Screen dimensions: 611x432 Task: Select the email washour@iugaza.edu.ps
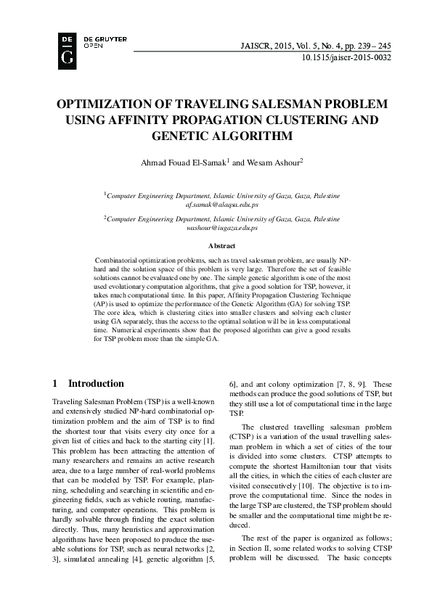tap(221, 228)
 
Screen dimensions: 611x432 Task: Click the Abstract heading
tap(221, 247)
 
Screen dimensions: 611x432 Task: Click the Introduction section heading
tap(96, 383)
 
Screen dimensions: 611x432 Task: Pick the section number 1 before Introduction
tap(56, 383)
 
